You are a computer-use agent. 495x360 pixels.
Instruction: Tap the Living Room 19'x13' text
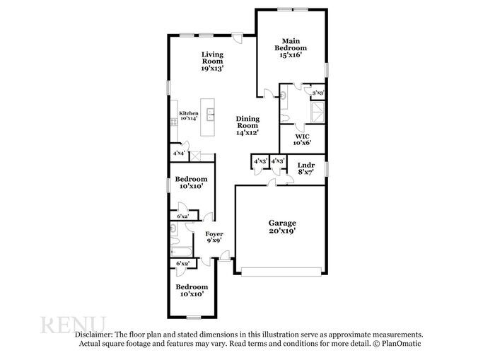tap(212, 62)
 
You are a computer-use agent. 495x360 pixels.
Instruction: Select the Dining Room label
tap(248, 125)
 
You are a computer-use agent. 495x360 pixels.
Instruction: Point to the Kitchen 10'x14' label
tap(188, 116)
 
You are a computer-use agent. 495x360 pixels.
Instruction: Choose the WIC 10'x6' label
tap(302, 139)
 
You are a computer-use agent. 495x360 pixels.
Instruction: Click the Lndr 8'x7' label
tap(305, 168)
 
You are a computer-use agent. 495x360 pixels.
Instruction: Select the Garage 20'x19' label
tap(281, 226)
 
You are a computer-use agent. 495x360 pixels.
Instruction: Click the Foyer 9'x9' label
tap(214, 237)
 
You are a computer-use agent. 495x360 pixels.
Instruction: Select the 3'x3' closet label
tap(318, 93)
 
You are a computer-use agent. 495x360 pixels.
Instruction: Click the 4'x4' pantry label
tap(180, 153)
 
